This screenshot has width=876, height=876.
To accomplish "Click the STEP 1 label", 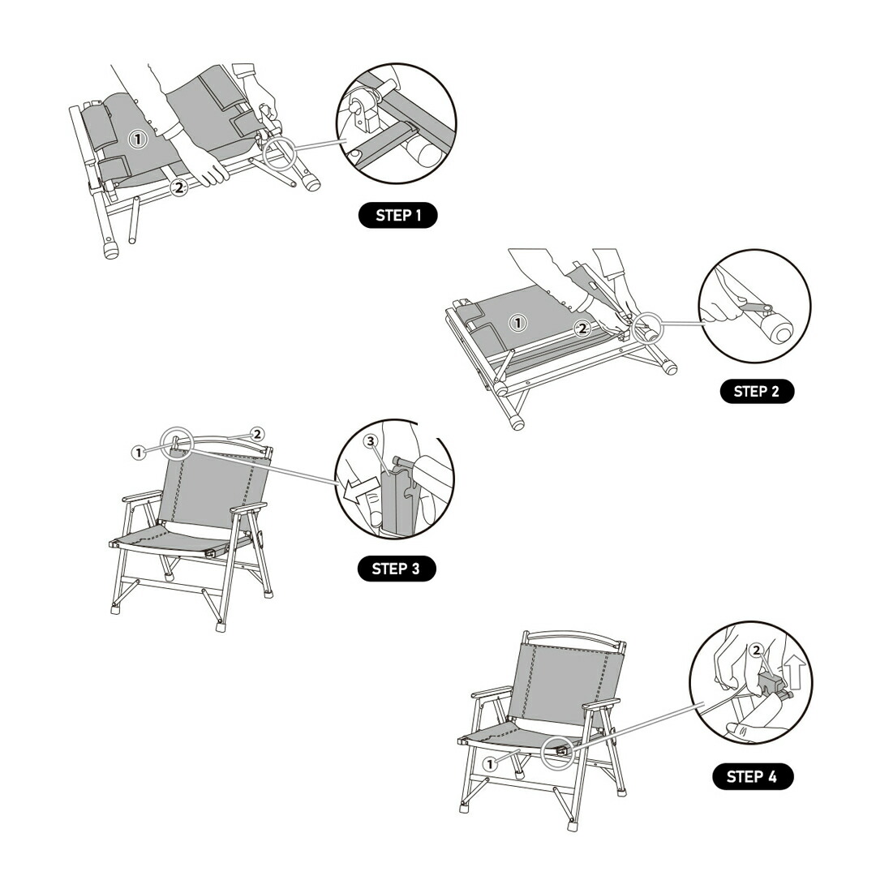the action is (397, 215).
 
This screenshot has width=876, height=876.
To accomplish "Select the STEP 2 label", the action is (757, 391).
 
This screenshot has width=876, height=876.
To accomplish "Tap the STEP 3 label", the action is (396, 569).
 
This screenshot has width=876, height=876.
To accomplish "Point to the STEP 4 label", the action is (753, 776).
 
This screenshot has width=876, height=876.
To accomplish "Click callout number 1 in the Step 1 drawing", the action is (137, 140).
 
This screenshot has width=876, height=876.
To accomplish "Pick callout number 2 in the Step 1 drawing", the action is (178, 188).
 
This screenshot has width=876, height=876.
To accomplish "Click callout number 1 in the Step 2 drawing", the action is (518, 323).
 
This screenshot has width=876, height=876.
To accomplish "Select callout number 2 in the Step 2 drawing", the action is (582, 328).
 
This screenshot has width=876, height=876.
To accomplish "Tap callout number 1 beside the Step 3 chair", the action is (139, 453).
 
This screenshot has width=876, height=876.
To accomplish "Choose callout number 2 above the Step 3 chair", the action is (257, 434).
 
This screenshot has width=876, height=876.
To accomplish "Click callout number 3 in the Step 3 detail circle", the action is (371, 442).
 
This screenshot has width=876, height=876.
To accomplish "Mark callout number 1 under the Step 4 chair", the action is (489, 764).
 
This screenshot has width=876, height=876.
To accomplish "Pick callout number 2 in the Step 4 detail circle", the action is (757, 651).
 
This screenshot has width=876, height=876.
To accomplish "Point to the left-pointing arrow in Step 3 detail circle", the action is (359, 491).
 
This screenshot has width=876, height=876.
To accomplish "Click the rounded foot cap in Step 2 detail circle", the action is (778, 331).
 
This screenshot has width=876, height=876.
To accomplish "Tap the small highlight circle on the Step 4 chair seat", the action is (559, 752).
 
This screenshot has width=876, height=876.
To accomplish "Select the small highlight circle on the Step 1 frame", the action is (279, 152).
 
